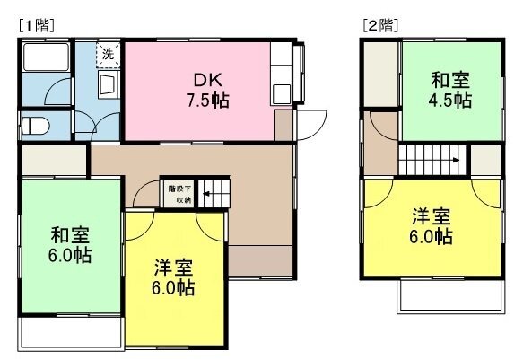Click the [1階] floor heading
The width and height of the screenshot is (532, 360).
click(37, 26)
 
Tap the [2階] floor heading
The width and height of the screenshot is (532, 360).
click(380, 26)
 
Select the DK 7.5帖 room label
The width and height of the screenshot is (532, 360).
click(207, 90)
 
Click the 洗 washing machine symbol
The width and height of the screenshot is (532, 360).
click(109, 55)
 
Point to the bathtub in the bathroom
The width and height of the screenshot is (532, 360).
click(46, 57)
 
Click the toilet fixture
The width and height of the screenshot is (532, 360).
click(35, 126)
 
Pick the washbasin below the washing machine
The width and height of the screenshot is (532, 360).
click(109, 85)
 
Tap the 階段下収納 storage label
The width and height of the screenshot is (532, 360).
click(179, 194)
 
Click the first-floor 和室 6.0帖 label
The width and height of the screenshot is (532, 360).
click(70, 245)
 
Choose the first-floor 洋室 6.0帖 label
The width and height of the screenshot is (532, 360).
click(173, 277)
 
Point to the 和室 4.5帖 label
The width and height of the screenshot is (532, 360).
click(449, 90)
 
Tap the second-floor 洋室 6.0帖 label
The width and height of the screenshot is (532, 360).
click(431, 226)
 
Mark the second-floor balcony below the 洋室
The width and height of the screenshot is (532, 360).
click(451, 295)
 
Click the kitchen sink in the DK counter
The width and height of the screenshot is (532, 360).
click(282, 93)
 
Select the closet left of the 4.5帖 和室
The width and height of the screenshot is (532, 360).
click(380, 74)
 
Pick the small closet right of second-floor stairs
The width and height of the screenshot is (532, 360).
click(486, 160)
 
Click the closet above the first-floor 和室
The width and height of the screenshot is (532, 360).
click(54, 161)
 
